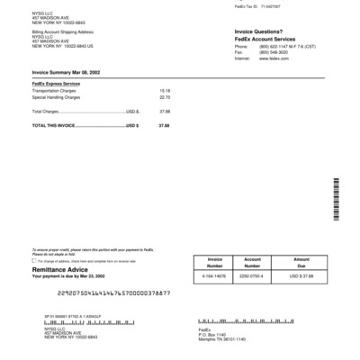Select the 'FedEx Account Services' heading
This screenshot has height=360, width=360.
click(x=266, y=38)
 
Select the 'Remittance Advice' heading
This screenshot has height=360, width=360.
click(x=59, y=269)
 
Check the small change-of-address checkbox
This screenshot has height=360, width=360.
click(x=33, y=260)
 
